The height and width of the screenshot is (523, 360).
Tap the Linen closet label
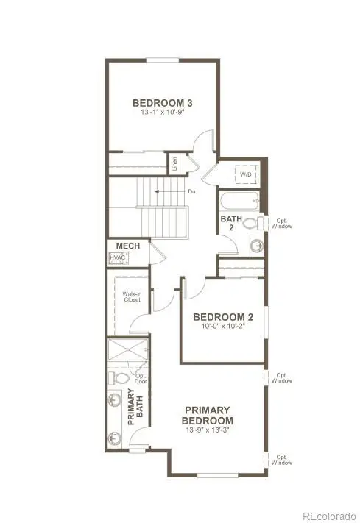point(175,163)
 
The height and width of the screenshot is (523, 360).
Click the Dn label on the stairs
point(191,192)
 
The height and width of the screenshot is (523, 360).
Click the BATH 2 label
point(227,223)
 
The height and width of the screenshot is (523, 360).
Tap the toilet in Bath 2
point(250,223)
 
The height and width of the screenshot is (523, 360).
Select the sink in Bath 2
point(255,246)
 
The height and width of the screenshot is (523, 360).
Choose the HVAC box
point(118,258)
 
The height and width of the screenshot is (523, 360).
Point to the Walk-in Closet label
point(133,296)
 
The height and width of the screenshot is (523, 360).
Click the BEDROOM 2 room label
point(223,317)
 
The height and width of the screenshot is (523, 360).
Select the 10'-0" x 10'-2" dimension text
point(223,327)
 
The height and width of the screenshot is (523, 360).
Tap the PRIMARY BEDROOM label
point(208,415)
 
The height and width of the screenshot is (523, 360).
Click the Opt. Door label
point(141,379)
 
